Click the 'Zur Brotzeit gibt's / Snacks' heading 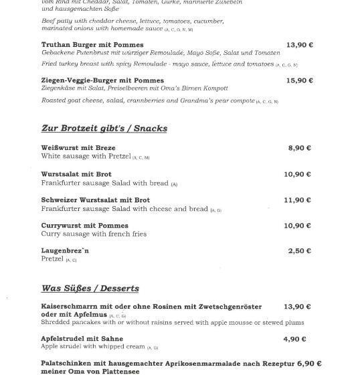pos(104,128)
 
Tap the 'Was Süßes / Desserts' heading pos(90,289)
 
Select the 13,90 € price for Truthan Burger pos(299,45)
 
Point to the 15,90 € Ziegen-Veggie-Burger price pos(299,80)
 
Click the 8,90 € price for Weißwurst pos(299,148)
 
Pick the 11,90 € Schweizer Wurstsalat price pos(298,200)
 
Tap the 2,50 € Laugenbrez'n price pos(299,251)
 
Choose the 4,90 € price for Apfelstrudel pos(294,340)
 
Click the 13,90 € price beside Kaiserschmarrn pos(298,307)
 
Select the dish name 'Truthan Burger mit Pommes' pos(92,45)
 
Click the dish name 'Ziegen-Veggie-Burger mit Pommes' pos(102,80)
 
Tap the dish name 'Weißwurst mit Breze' pos(78,148)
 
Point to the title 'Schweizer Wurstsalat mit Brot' pos(95,200)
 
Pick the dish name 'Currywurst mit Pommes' pos(84,226)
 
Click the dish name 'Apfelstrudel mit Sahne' pos(82,340)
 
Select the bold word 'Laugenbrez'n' pos(65,250)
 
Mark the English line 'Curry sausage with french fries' pos(94,234)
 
